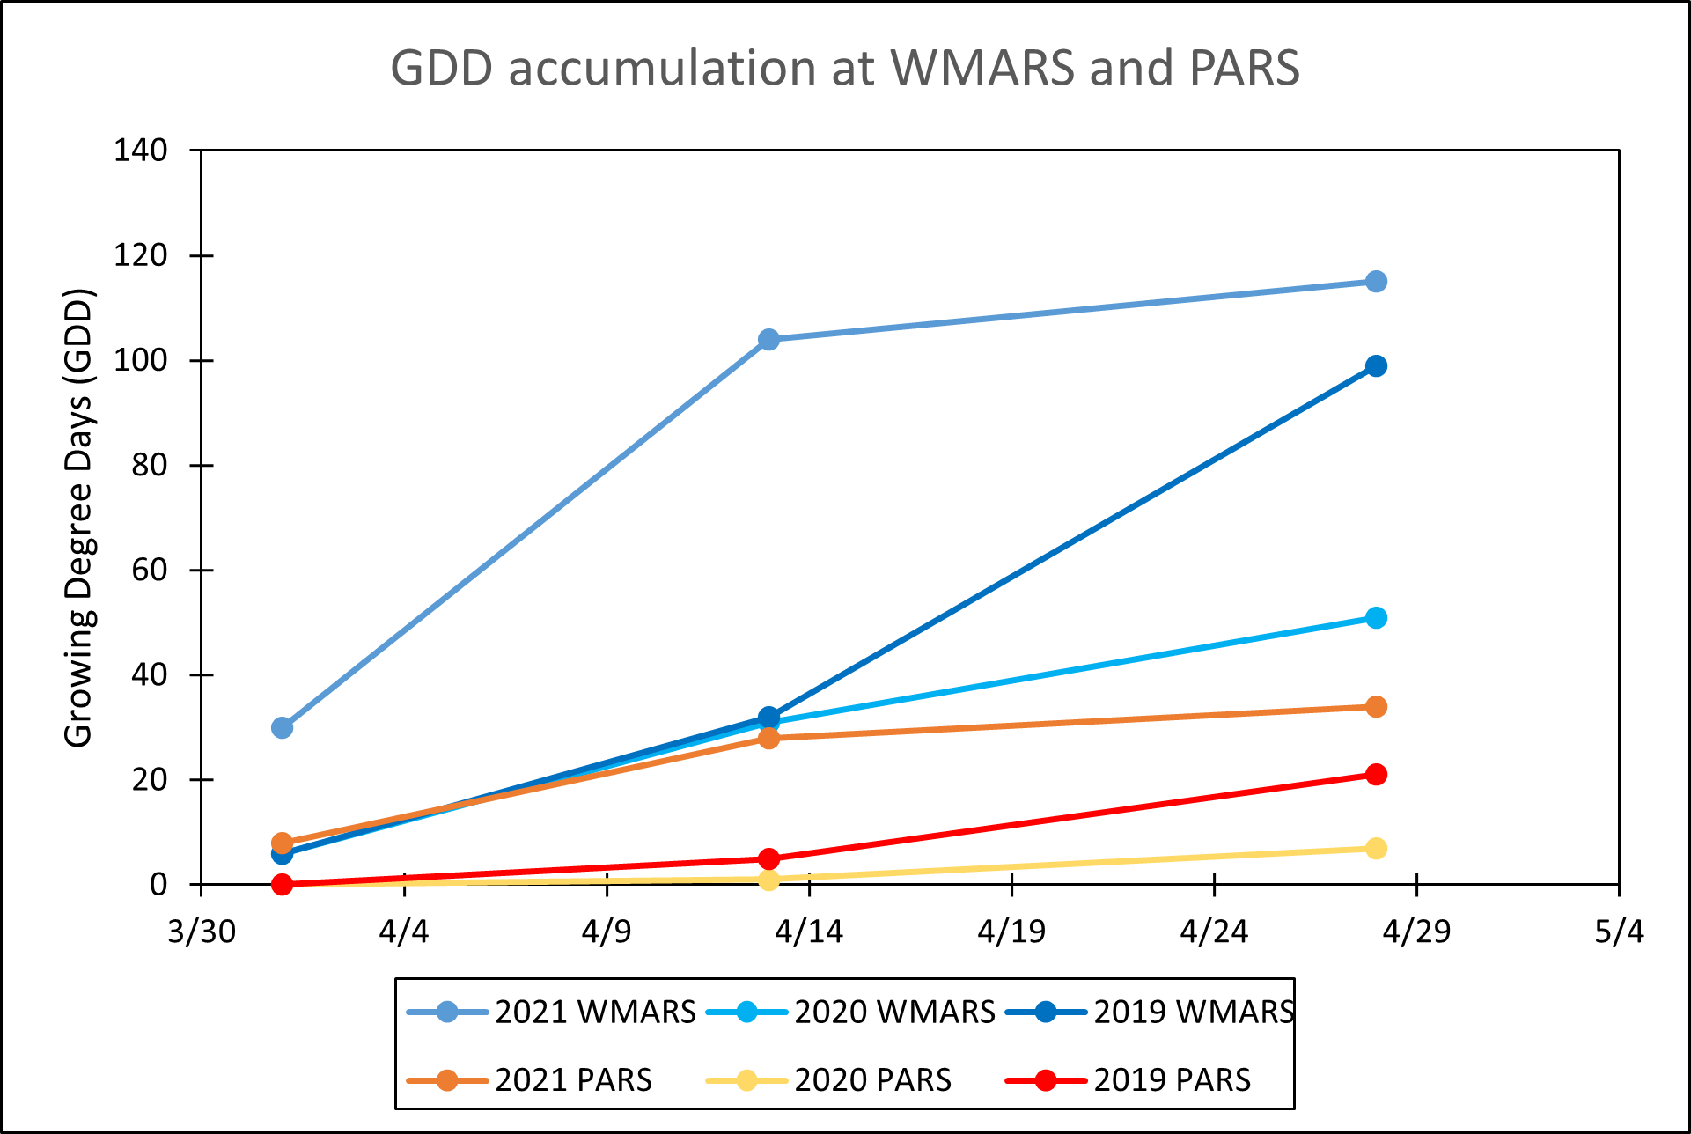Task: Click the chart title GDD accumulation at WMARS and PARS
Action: (845, 68)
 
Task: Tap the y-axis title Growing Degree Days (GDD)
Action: (78, 518)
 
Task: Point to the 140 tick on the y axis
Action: (140, 151)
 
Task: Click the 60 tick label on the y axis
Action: (149, 570)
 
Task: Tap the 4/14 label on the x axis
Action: (808, 931)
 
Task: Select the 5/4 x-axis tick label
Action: (1618, 931)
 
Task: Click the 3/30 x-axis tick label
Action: (202, 931)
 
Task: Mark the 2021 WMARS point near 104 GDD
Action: (768, 339)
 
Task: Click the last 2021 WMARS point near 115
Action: (1376, 282)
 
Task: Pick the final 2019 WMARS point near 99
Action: (1376, 365)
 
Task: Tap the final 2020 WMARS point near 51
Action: (1376, 617)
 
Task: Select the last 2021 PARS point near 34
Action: (1376, 706)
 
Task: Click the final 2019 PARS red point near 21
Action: (1376, 774)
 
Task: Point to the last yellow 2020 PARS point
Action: (1376, 848)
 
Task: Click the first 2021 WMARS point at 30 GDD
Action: (282, 727)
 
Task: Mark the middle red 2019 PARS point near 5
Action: (768, 858)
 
